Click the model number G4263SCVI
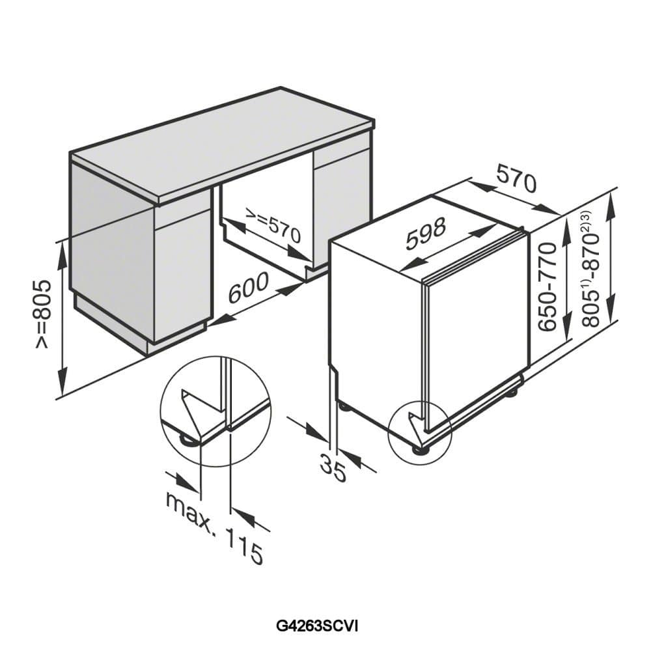click(317, 615)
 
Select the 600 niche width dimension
click(248, 287)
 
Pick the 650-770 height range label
click(547, 287)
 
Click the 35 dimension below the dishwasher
click(333, 468)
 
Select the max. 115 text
click(214, 527)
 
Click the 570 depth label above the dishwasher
click(516, 178)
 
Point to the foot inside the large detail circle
click(189, 439)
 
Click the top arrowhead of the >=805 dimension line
click(62, 255)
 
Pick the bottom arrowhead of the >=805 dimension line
click(62, 383)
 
